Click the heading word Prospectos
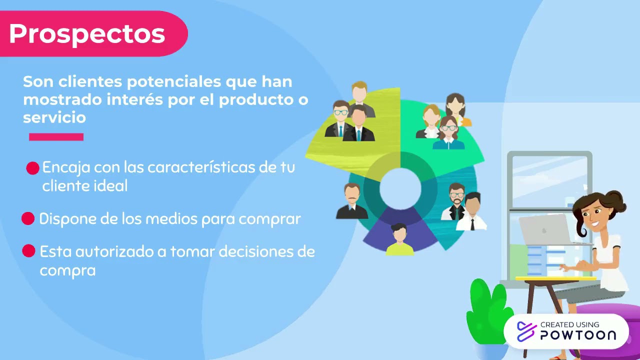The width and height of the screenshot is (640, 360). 87,34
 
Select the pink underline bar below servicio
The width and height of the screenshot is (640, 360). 56,136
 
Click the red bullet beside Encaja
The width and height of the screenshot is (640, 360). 32,168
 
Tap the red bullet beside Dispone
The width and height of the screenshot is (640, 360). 28,218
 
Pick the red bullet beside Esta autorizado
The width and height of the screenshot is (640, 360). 28,251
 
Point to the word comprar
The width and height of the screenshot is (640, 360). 269,219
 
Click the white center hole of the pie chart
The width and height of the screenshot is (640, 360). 400,188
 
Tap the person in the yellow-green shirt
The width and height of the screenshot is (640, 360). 399,240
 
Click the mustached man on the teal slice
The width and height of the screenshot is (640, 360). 352,201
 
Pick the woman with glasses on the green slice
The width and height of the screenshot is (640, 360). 448,133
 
